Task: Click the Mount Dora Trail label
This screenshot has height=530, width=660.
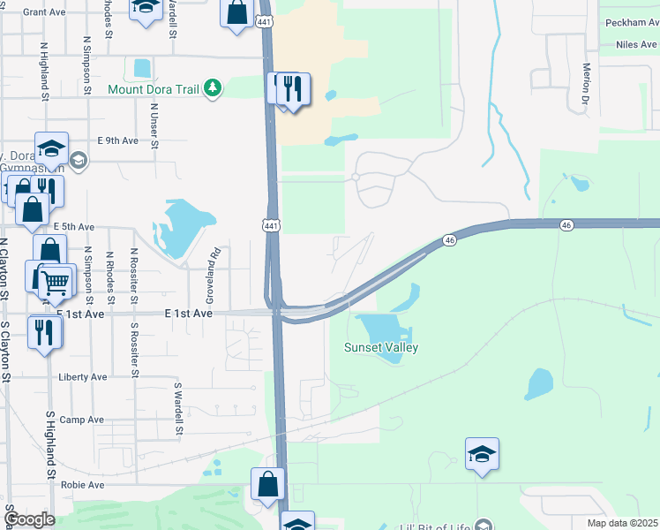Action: [154, 89]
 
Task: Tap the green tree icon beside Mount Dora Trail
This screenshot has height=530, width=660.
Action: [212, 88]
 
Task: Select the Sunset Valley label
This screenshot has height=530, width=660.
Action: [380, 347]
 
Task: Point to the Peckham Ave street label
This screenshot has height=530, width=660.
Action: [629, 22]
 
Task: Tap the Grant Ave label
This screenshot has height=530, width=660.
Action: [45, 12]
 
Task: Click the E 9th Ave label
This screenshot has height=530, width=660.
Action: [117, 140]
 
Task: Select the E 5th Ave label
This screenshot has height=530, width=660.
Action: [73, 227]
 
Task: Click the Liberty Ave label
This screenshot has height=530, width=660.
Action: [82, 377]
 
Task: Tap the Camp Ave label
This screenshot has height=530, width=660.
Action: [82, 420]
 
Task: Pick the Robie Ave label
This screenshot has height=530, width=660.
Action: [82, 485]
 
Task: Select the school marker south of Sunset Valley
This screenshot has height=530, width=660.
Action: [482, 454]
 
